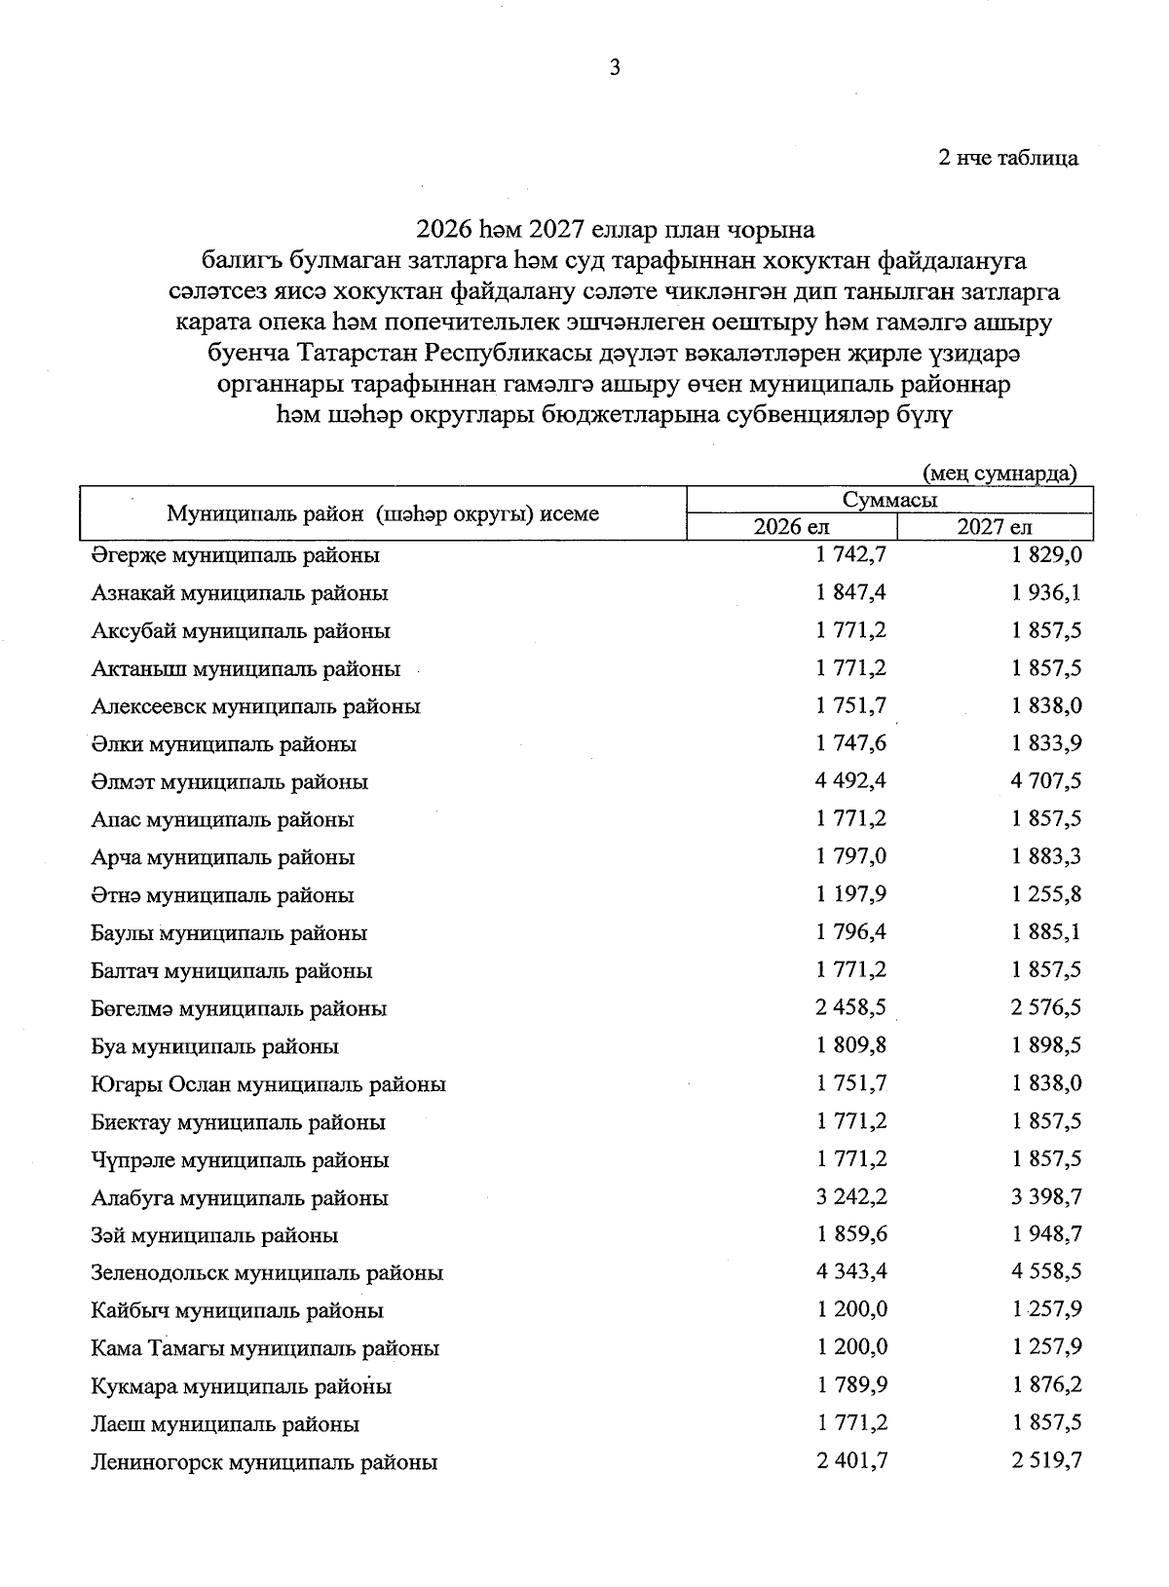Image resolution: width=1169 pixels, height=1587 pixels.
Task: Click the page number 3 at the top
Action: (614, 67)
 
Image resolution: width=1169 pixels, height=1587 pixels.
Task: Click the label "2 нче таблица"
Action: (1008, 158)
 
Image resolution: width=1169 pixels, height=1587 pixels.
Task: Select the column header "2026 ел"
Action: (791, 527)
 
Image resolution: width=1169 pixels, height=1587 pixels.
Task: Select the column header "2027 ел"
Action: (994, 527)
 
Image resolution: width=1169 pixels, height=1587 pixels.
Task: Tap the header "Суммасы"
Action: (889, 501)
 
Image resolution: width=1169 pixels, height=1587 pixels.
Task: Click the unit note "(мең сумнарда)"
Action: (999, 473)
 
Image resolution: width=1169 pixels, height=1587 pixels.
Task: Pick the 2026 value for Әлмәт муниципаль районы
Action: (851, 781)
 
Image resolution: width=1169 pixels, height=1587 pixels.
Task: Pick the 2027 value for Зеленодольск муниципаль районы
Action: (1047, 1272)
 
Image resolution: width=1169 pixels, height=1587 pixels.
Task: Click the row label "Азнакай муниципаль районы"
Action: (240, 593)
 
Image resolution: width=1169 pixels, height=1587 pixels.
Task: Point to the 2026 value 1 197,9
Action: (851, 894)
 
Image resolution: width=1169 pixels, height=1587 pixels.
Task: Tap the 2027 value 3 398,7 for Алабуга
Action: (1047, 1196)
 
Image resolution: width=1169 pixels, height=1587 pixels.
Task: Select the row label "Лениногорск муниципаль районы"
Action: (264, 1462)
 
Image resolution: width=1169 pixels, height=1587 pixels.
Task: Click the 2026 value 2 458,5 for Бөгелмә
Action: (851, 1008)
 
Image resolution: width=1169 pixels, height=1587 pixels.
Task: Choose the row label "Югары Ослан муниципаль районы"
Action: (269, 1084)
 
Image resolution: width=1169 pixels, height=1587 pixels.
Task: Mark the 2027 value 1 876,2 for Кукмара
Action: (1047, 1385)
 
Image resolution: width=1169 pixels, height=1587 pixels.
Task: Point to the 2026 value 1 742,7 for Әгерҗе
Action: (851, 555)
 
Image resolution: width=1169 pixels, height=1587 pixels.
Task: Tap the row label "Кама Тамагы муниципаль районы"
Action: (265, 1349)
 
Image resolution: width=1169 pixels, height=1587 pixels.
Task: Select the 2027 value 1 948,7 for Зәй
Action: (1047, 1234)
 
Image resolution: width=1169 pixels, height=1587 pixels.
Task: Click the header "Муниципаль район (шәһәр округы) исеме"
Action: (383, 514)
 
